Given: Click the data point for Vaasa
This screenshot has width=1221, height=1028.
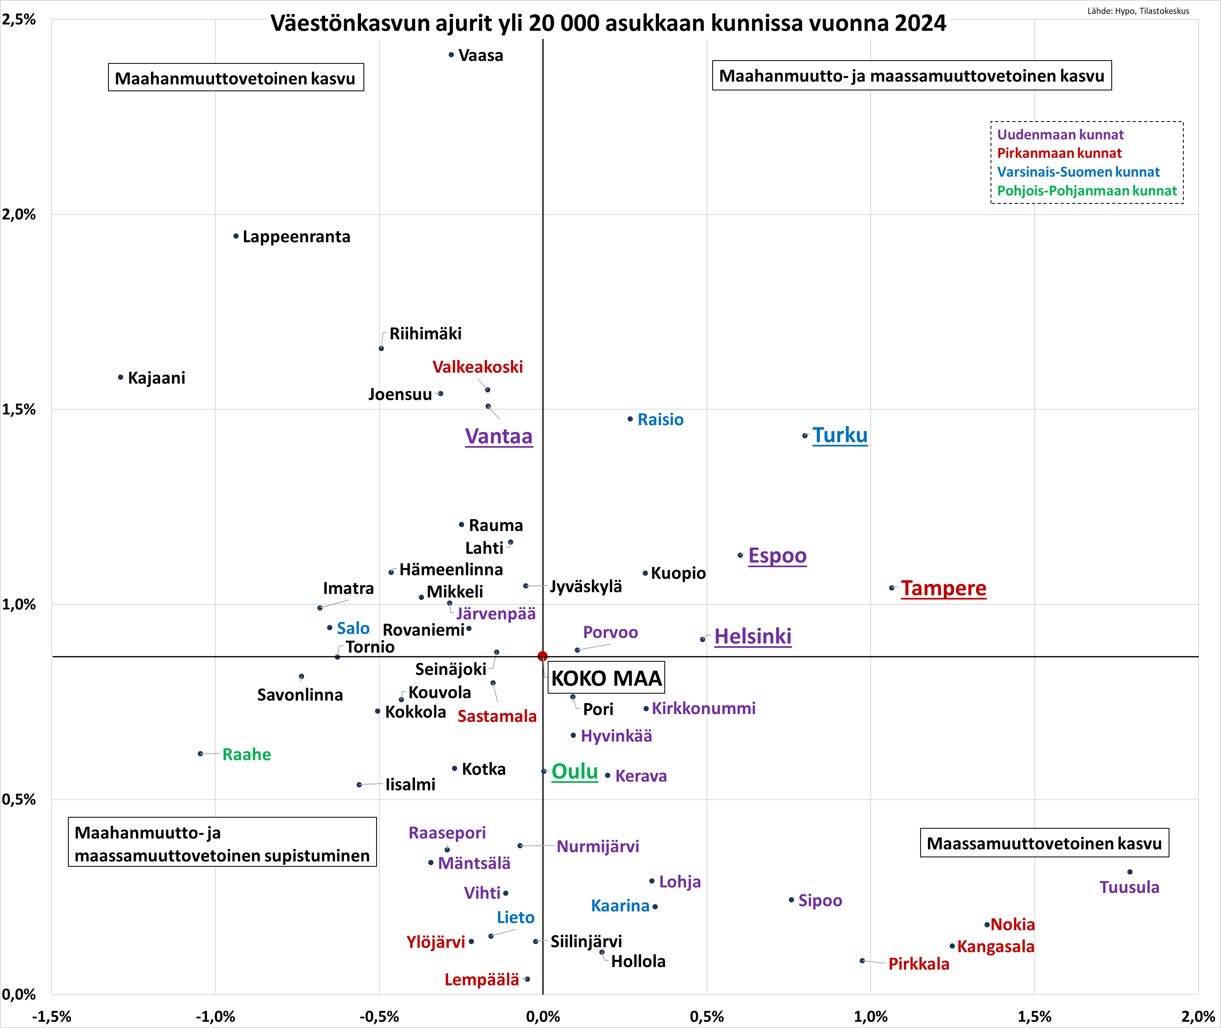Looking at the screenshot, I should coord(451,55).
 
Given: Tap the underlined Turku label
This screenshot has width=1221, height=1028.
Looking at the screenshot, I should coord(840,435).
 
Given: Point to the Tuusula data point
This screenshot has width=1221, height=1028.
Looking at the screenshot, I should coord(1129,872).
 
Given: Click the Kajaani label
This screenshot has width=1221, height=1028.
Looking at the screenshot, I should coord(156,378).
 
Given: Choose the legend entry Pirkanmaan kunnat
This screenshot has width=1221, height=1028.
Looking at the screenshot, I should coord(1059,153).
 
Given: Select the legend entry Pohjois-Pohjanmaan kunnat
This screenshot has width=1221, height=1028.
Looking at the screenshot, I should coord(1086,191).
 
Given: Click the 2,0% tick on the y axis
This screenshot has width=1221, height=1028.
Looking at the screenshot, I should coord(19,214).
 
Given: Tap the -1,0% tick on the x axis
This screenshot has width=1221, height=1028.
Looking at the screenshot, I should coord(215,1017).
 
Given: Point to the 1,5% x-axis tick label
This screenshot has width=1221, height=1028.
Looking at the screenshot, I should coord(1034,1017).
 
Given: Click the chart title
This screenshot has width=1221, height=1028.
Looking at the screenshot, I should coord(608,23).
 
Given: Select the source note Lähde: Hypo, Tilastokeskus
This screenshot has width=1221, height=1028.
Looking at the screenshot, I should coord(1137,11).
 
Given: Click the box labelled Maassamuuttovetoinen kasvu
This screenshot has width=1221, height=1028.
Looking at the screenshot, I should coord(1044,843).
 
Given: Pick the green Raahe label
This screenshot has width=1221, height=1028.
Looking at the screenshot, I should coord(246,754).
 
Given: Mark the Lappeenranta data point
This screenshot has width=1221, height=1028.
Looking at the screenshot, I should coord(236,236).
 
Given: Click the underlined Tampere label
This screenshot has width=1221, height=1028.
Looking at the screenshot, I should coord(943,588).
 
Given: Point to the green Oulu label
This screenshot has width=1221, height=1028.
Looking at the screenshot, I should coord(575,771).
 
